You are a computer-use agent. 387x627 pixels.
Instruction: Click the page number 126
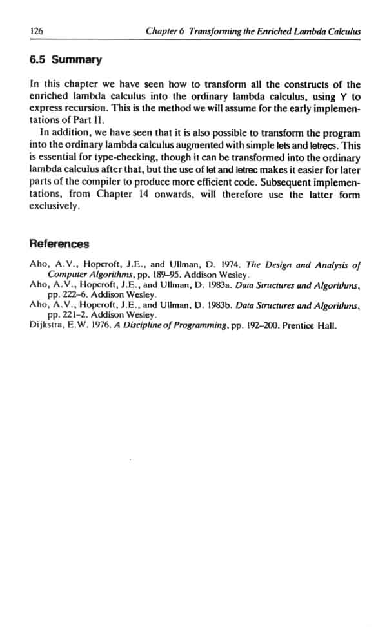pyautogui.click(x=36, y=31)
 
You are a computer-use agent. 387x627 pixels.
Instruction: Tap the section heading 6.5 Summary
pyautogui.click(x=66, y=60)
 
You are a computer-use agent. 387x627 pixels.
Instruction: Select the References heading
pyautogui.click(x=59, y=244)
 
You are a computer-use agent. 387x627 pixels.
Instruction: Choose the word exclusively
pyautogui.click(x=55, y=207)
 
